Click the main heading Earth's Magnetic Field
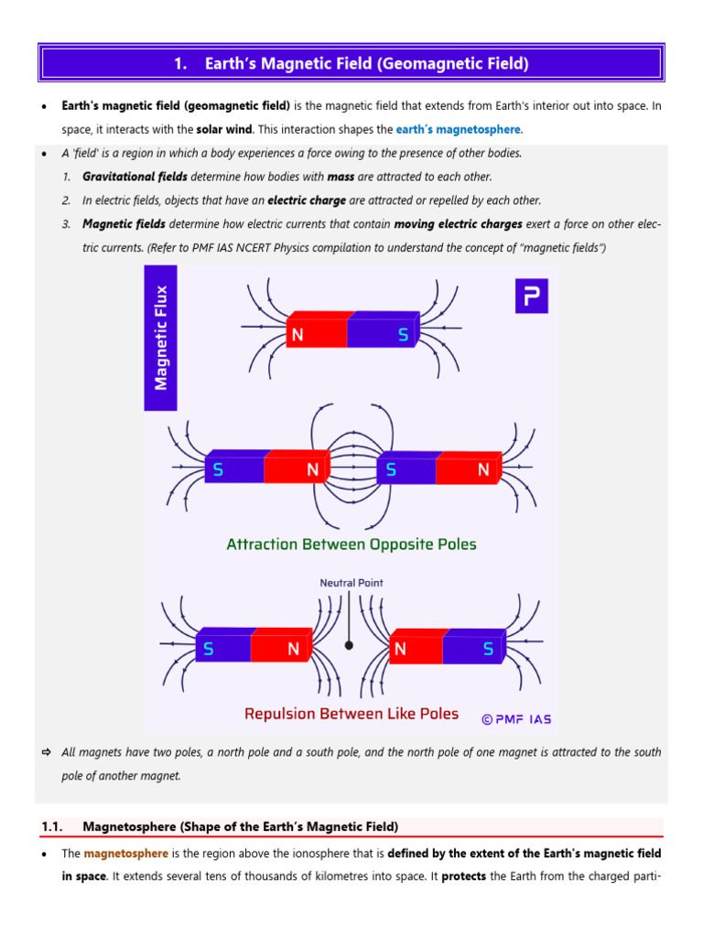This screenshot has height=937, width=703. point(351,63)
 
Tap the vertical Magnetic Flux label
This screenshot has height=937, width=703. point(161,337)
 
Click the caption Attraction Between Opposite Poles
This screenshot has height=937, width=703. point(351,544)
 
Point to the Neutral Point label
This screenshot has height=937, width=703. point(351,583)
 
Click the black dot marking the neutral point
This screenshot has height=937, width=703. point(349,645)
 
